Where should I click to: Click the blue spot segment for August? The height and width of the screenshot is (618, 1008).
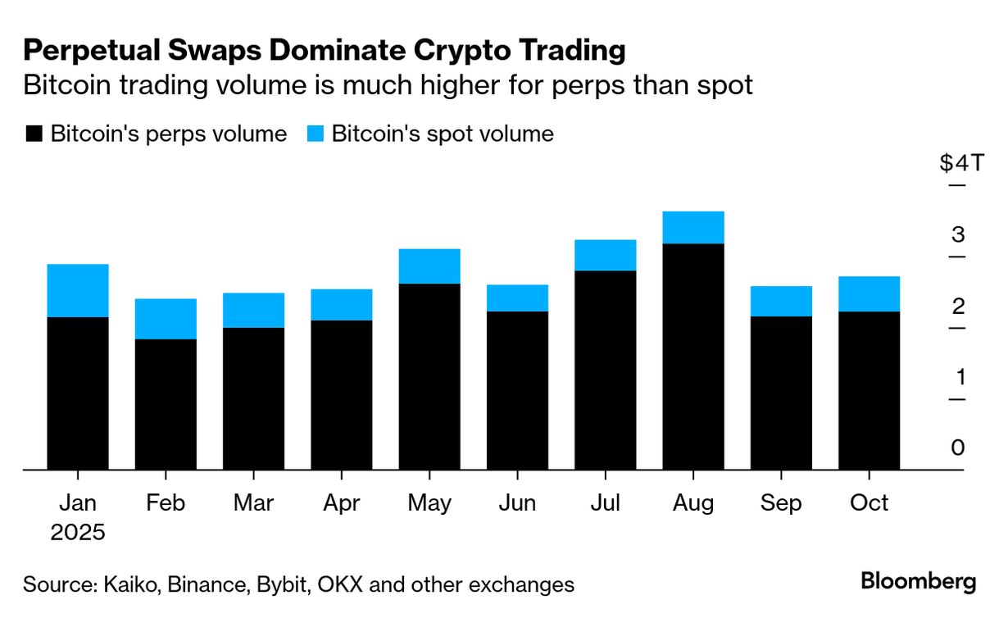coord(693,227)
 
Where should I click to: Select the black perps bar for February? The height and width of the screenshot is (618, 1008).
coord(166,404)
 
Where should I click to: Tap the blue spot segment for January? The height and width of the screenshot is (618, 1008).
coord(78,290)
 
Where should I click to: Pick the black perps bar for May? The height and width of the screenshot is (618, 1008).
coord(429,376)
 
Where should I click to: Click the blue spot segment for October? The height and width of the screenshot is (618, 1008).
coord(869,293)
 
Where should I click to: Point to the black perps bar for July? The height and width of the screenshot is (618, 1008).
coord(606,370)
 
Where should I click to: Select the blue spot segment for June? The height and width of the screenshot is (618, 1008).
coord(517,298)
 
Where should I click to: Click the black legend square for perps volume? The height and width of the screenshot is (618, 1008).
coord(34,134)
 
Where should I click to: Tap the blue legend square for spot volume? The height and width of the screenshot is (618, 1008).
coord(315,134)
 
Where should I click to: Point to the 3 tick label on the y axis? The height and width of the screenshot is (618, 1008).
coord(958,234)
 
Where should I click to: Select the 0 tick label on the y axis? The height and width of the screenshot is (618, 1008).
coord(958,448)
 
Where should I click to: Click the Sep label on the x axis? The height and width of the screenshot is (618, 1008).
coord(781,502)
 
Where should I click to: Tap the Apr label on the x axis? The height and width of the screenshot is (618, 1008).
coord(341,502)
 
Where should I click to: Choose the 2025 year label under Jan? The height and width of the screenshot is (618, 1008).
coord(78,532)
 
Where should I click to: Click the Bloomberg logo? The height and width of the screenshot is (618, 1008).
coord(919,582)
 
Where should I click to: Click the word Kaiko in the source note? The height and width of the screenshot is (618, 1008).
coord(125,584)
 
